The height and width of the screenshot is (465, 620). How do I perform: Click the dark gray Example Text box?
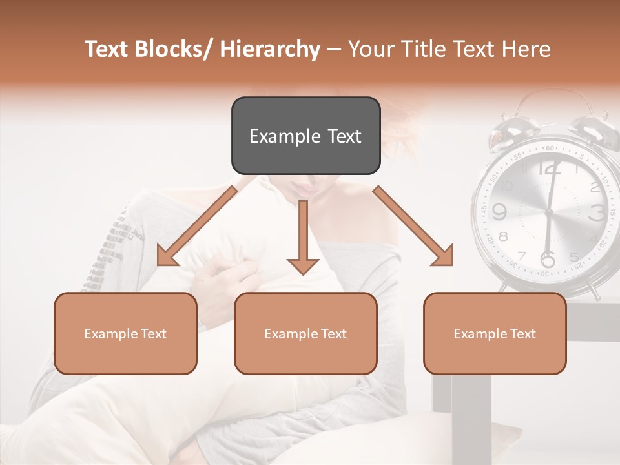coord(305,136)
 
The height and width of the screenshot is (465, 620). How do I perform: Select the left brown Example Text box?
coord(125,333)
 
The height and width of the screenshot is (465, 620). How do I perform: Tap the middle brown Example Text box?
coord(305,333)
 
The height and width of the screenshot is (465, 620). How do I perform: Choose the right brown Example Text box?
coord(495,333)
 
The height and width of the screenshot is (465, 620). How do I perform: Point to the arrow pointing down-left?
coord(197,226)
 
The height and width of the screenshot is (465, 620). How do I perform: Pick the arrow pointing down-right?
coord(413,226)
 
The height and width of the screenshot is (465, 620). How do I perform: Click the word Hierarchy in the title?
coord(270,49)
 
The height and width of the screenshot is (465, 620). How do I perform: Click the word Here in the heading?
coord(527,49)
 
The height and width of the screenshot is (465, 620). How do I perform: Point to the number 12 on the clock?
coord(549,170)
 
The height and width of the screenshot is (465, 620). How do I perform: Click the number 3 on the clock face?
coord(597,212)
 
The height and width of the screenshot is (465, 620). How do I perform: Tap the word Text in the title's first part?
coord(106,49)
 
